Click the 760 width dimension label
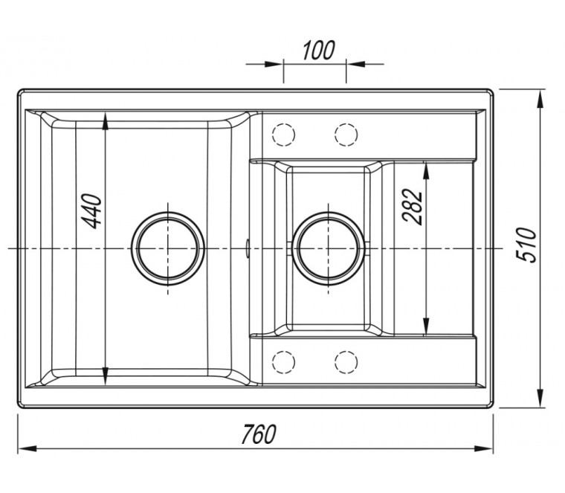(x=259, y=434)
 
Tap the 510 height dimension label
(x=526, y=245)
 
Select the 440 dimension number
(x=91, y=211)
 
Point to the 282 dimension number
(x=412, y=207)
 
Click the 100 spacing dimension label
(x=318, y=50)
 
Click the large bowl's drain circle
(x=167, y=248)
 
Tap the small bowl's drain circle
(x=329, y=248)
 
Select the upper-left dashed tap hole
(x=284, y=135)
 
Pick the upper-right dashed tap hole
(x=346, y=135)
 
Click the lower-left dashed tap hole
(x=284, y=361)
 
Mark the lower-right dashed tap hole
(x=346, y=361)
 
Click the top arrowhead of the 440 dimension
(x=106, y=121)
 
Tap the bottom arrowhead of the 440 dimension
(x=106, y=376)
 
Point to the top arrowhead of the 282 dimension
(x=426, y=170)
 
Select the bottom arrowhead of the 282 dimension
(x=426, y=326)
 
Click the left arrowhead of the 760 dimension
(x=27, y=449)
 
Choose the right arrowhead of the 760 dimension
(x=483, y=449)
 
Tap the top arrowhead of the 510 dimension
(x=540, y=99)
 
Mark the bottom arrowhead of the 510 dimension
(x=540, y=399)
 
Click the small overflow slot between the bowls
(x=248, y=248)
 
